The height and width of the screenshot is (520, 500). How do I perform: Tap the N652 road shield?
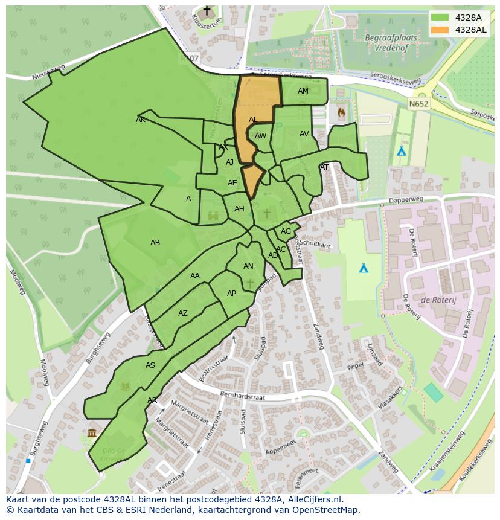point(417,104)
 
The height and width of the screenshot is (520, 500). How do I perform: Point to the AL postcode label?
point(253,120)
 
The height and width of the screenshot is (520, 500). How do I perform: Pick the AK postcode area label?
point(141,120)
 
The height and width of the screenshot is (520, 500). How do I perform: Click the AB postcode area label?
point(155,243)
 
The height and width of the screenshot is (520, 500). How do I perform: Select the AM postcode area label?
point(303,91)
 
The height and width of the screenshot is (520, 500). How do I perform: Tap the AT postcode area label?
point(324,167)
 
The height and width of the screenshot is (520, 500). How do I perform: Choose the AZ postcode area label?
point(183,313)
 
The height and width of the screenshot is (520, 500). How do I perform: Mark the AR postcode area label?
point(152,400)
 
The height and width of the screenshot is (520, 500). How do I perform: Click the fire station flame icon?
point(341,112)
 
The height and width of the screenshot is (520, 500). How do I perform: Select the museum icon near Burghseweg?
point(92,432)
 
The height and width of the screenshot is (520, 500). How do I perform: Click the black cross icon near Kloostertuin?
point(207,11)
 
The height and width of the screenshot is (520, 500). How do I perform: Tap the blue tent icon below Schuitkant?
point(364,268)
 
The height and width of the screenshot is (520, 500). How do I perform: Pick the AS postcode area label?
point(150,365)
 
